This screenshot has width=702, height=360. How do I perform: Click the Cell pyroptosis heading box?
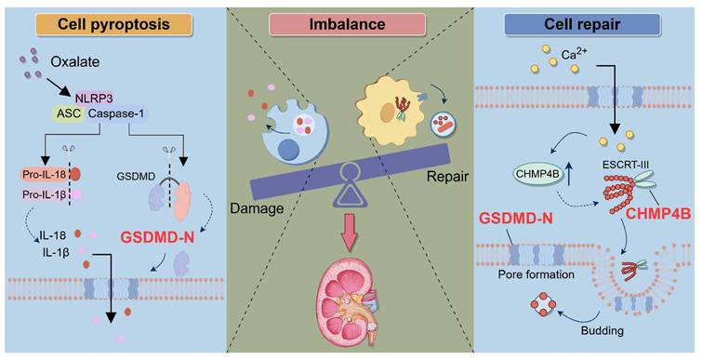[x=113, y=24]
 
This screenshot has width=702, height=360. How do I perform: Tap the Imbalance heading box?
[x=347, y=24]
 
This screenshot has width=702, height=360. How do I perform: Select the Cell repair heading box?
[x=582, y=24]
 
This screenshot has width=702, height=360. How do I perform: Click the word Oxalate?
[x=74, y=61]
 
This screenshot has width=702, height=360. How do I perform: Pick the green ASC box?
[x=70, y=113]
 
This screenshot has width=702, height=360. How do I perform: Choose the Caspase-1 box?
[x=116, y=113]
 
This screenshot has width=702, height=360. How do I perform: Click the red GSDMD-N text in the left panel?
[x=157, y=237]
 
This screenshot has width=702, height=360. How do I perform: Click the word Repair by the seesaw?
[x=447, y=177]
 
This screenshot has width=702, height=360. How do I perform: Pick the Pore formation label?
[x=536, y=273]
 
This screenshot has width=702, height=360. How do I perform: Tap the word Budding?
[x=602, y=331]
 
